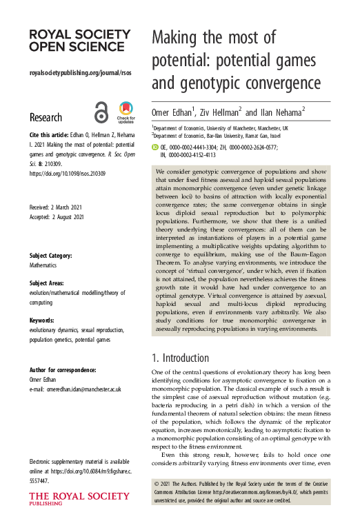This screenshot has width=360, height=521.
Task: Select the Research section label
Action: pos(46,117)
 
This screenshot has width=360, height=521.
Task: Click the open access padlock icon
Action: pos(101,112)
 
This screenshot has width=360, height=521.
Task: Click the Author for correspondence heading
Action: pos(63,370)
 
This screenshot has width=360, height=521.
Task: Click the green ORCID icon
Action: pos(154,147)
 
